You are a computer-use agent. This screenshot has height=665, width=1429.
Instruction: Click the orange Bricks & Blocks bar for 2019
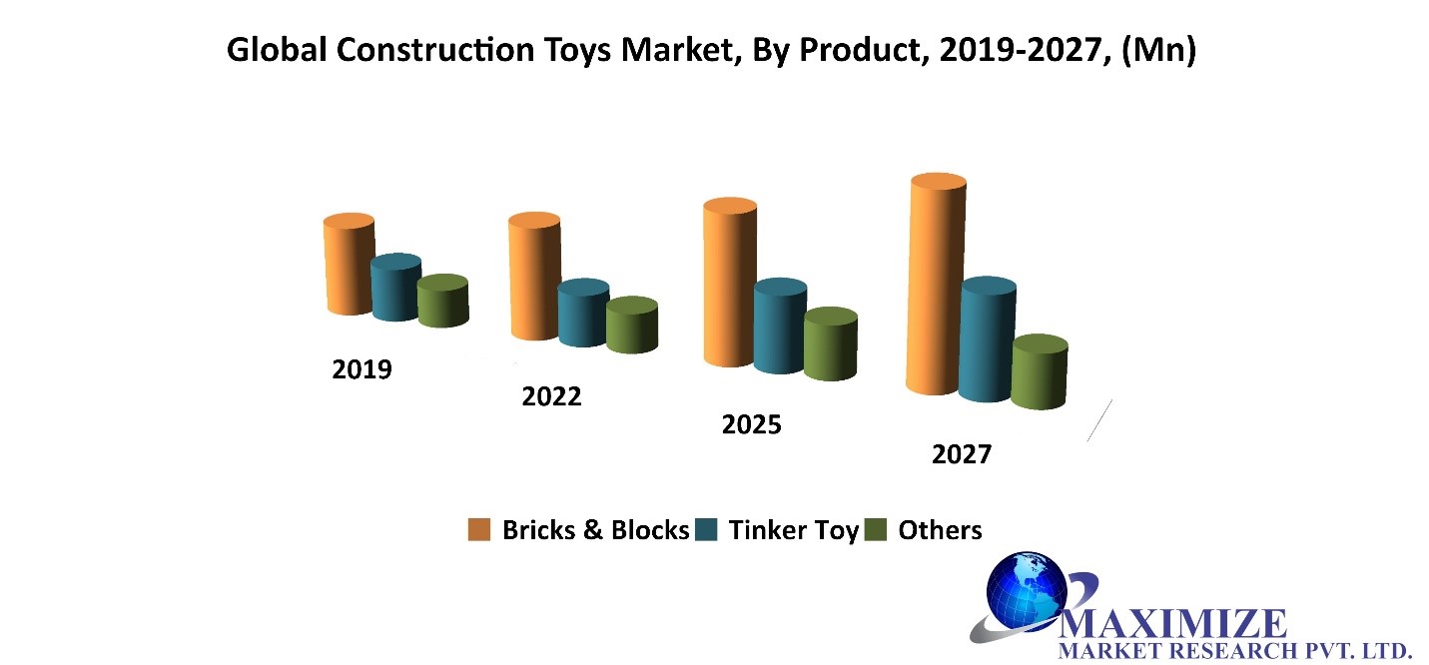(x=349, y=264)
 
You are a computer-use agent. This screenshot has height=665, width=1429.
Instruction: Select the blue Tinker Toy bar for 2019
(x=396, y=288)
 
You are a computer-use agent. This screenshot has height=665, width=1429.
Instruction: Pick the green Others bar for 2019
(x=443, y=301)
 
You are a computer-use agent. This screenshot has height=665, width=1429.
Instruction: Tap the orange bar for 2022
(x=534, y=276)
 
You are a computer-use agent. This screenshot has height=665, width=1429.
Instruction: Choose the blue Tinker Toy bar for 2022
(x=584, y=314)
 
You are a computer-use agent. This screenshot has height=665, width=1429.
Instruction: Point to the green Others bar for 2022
(x=632, y=326)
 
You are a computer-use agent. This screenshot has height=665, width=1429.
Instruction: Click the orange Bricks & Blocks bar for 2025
(x=730, y=283)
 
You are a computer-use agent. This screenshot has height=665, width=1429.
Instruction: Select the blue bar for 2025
(x=780, y=326)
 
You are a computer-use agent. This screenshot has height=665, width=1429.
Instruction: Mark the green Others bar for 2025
(x=831, y=344)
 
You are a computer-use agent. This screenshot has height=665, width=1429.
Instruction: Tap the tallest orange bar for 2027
(x=936, y=284)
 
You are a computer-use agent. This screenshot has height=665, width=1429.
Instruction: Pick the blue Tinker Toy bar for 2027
(x=988, y=339)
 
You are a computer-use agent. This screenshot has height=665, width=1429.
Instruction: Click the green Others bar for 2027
(x=1040, y=372)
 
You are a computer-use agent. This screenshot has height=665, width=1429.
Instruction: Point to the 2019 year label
(x=361, y=369)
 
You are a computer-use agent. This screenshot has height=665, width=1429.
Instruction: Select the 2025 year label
(x=752, y=424)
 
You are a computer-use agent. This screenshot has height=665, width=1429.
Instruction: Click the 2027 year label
(x=962, y=454)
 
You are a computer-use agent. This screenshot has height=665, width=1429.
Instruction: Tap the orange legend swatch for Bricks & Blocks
(x=479, y=530)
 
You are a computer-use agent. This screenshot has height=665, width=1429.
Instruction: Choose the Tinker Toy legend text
(x=794, y=530)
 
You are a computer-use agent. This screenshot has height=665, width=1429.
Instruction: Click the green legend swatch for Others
(x=875, y=530)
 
